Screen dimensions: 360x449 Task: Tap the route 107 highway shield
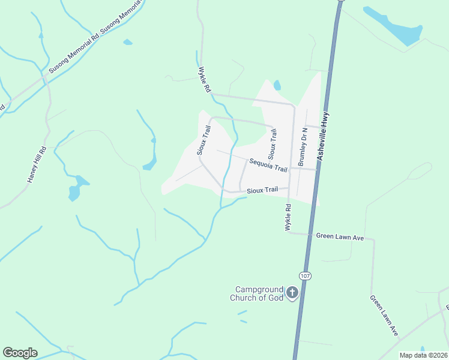[x=306, y=276]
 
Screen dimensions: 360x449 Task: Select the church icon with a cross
[x=292, y=293]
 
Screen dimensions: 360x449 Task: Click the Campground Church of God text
[x=258, y=293]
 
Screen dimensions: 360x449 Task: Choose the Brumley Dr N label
[x=303, y=146]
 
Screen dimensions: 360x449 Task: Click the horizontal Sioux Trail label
[x=262, y=190]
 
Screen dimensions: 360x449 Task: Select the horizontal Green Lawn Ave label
[x=340, y=237]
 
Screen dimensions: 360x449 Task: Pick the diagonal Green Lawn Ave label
[x=384, y=315]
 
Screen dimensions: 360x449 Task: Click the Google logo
[x=20, y=353]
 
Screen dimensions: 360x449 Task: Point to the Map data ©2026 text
[x=423, y=355]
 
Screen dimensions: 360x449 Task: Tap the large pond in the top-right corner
[x=397, y=27]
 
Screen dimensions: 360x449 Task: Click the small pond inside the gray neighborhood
[x=277, y=85]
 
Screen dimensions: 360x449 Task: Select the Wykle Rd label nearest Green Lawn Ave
[x=288, y=218]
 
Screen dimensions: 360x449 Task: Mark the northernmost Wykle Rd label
[x=205, y=79]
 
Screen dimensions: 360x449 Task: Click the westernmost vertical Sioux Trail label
[x=203, y=140]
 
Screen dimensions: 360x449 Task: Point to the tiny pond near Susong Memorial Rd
[x=127, y=42]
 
